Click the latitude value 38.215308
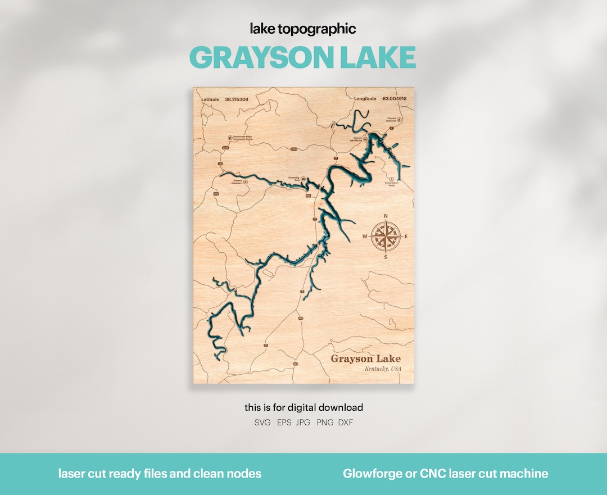coord(237,99)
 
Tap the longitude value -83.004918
coord(393,99)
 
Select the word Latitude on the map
coord(210,99)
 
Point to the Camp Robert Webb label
coord(391,184)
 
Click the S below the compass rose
coord(386,257)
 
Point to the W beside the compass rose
coord(365,237)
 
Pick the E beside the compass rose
coord(406,237)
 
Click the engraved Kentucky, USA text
coord(383,369)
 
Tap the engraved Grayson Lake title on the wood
coord(365,358)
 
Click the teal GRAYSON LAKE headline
coord(303,57)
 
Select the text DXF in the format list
coord(346,423)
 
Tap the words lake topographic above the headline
coord(303,29)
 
